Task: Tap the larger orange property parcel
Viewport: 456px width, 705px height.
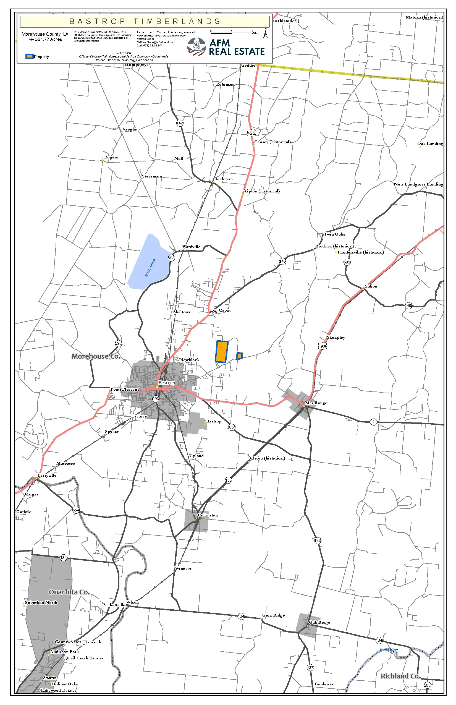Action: pyautogui.click(x=221, y=352)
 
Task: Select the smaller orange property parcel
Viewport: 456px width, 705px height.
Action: pyautogui.click(x=239, y=356)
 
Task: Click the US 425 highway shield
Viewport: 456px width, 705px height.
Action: pyautogui.click(x=251, y=133)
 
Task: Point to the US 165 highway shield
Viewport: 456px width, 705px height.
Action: pyautogui.click(x=323, y=347)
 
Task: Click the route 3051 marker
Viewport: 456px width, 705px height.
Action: pyautogui.click(x=231, y=427)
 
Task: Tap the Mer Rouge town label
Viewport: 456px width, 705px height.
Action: pyautogui.click(x=316, y=403)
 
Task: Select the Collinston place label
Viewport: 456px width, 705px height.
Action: pyautogui.click(x=208, y=515)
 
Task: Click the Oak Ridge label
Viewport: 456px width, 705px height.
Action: pyautogui.click(x=319, y=622)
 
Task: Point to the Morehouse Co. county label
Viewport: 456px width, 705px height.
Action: pyautogui.click(x=96, y=356)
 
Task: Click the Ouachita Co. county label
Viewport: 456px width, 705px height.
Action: pyautogui.click(x=69, y=592)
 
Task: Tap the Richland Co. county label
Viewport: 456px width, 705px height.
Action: pyautogui.click(x=400, y=676)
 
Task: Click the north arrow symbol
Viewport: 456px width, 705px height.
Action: pyautogui.click(x=266, y=33)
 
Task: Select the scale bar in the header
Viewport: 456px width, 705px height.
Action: pyautogui.click(x=232, y=33)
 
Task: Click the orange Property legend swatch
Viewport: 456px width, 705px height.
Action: pyautogui.click(x=29, y=57)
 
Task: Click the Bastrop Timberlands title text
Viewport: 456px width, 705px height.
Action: pyautogui.click(x=145, y=21)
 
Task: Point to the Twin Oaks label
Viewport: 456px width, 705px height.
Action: pyautogui.click(x=334, y=234)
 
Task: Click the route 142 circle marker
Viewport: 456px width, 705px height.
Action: pyautogui.click(x=180, y=123)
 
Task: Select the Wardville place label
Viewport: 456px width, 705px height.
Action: pyautogui.click(x=191, y=246)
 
